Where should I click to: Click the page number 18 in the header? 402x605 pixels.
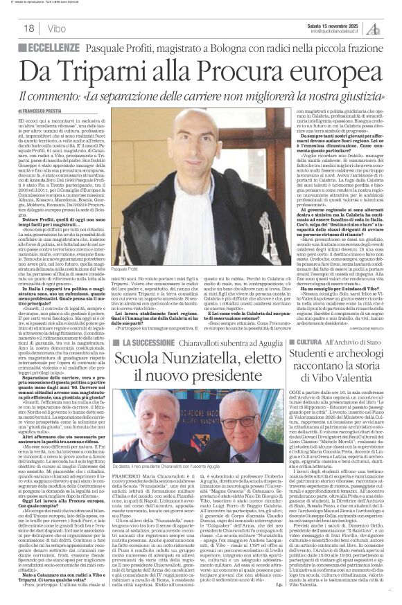pos(28,28)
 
